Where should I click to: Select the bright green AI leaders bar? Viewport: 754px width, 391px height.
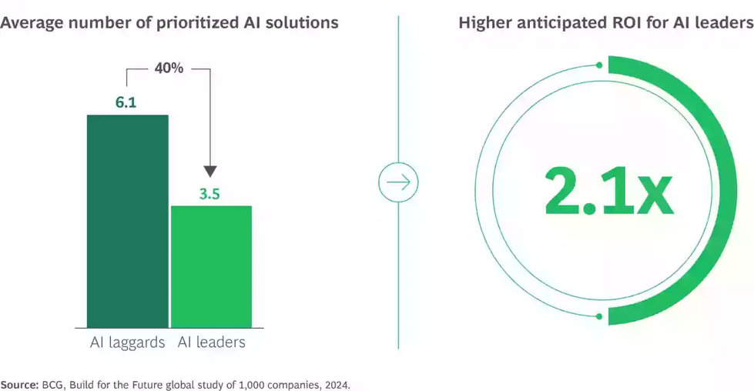tap(211, 266)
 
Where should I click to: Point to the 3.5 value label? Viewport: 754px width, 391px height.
tap(209, 194)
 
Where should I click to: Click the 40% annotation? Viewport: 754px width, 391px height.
tap(169, 69)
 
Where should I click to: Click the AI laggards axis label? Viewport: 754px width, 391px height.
tap(126, 343)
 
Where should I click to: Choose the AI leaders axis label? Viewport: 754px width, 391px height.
tap(211, 343)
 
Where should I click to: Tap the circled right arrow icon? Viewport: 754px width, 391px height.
tap(398, 183)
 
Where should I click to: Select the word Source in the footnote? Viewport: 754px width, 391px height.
tap(19, 383)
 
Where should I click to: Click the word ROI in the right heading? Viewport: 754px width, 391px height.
tap(626, 22)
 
